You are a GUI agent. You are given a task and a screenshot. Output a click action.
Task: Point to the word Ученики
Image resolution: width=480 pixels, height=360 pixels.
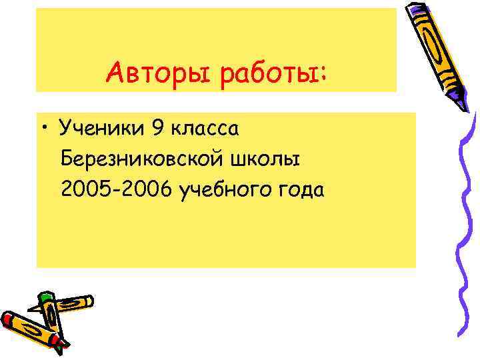coord(100,127)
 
